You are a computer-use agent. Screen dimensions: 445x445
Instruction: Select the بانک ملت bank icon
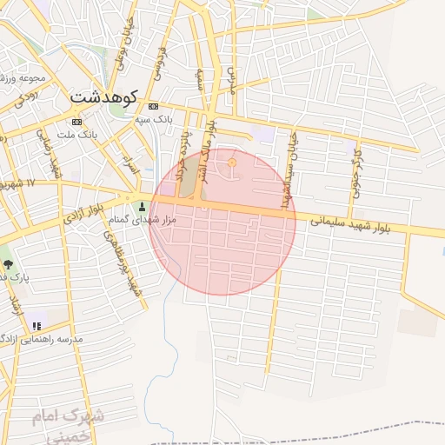[x=77, y=121]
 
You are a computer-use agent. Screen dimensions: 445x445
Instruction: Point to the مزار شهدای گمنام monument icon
[x=143, y=207]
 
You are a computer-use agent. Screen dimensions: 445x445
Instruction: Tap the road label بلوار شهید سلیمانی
[x=348, y=222]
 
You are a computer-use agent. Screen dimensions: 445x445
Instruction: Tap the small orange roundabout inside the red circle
[x=231, y=163]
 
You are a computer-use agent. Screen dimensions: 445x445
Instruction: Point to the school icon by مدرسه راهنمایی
[x=36, y=326]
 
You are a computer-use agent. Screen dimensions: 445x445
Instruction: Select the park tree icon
[x=8, y=262]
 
